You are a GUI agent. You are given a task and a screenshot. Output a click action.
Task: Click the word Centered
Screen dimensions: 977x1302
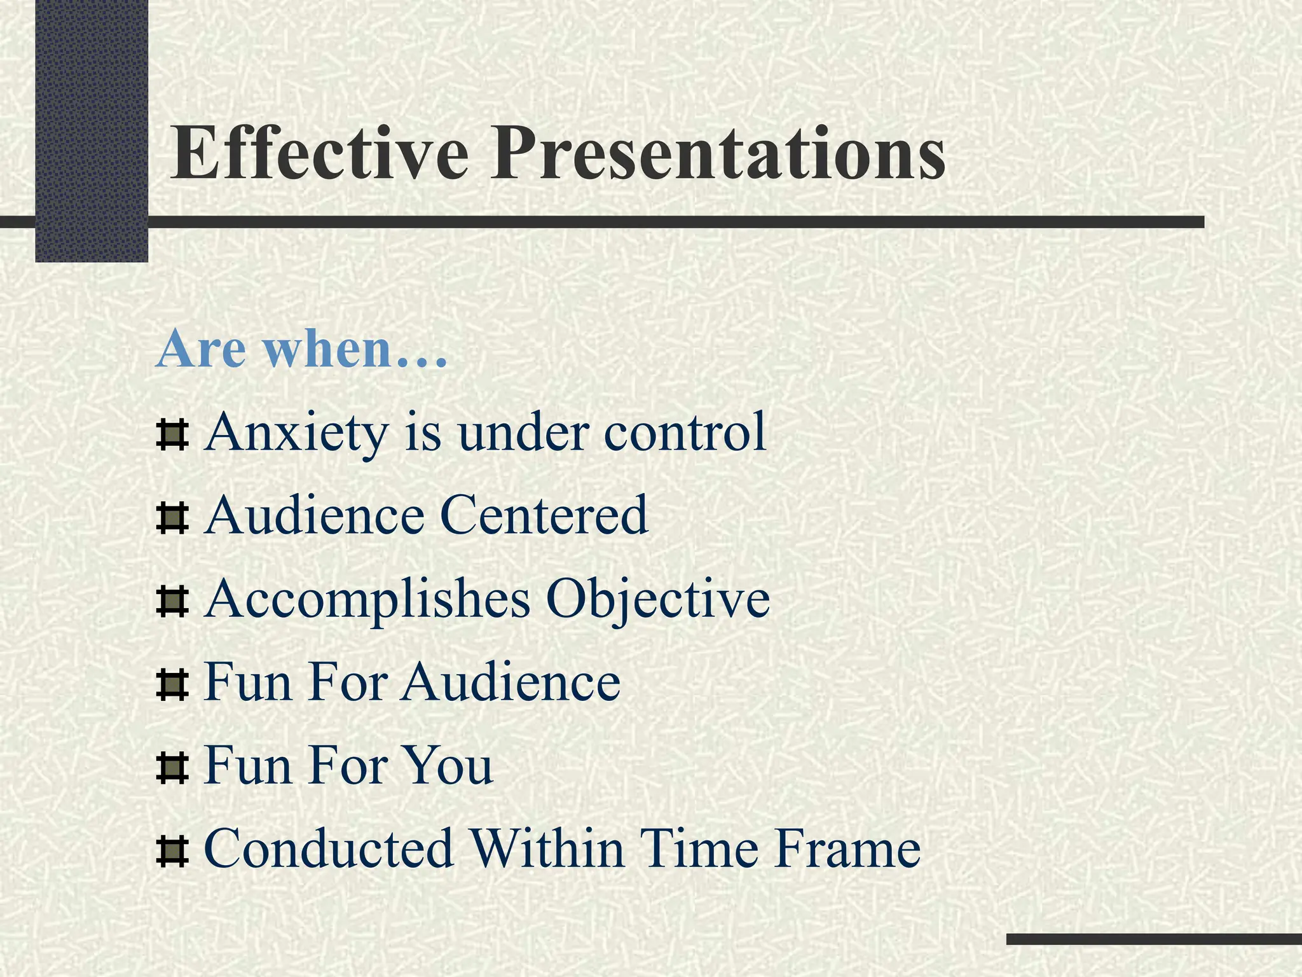[x=544, y=515]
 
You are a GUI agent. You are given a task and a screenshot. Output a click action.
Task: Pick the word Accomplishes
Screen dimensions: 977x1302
[x=367, y=599]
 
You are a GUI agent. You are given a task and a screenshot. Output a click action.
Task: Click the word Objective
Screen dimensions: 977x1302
[x=658, y=599]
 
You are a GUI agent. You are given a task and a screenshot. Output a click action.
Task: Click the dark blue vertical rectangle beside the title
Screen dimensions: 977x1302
[x=92, y=130]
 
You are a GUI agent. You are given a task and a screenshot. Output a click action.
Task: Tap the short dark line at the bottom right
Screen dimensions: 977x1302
[x=1154, y=939]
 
